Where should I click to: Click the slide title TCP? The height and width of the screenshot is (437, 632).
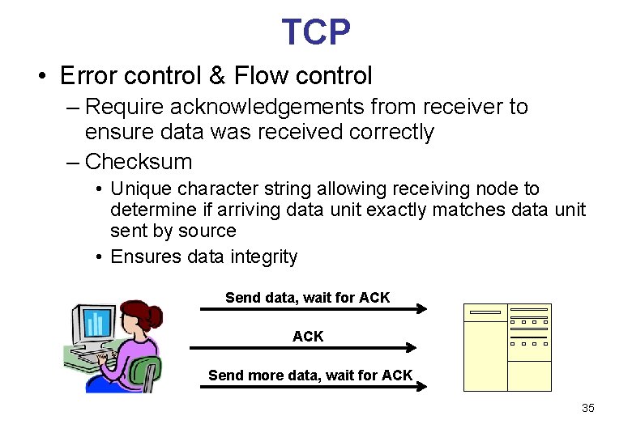(316, 32)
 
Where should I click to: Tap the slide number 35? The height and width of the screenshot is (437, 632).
(587, 409)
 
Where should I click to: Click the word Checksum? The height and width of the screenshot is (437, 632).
(139, 162)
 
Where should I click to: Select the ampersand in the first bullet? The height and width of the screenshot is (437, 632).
(217, 76)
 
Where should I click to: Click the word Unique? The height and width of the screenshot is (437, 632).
(140, 189)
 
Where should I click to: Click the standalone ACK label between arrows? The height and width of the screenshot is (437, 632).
(308, 336)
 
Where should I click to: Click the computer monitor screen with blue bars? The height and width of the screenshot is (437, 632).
(96, 323)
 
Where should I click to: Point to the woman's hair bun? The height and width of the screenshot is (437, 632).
(153, 313)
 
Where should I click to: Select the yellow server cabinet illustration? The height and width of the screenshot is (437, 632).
(507, 347)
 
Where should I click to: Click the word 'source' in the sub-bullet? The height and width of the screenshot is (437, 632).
(207, 231)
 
